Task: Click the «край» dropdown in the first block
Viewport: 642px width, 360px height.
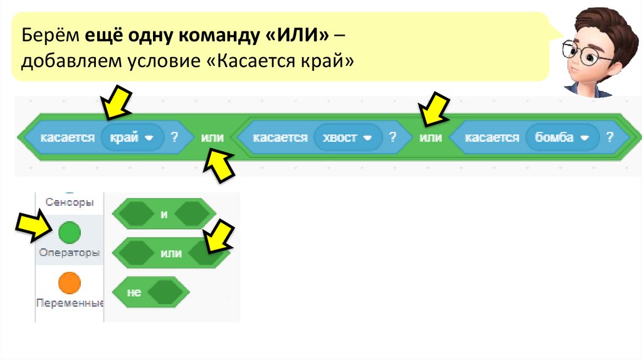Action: click(131, 137)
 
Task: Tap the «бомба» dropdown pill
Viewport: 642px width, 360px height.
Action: click(560, 137)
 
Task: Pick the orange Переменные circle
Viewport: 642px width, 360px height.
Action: click(70, 283)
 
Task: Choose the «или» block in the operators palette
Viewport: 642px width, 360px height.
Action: click(171, 253)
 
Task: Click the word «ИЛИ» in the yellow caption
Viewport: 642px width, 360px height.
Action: click(294, 36)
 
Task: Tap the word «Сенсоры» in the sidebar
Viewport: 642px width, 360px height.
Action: click(70, 202)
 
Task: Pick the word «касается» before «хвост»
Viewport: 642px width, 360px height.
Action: click(280, 137)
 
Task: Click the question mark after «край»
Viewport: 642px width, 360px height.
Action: click(174, 137)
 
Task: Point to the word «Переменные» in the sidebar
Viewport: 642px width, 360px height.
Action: click(70, 303)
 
